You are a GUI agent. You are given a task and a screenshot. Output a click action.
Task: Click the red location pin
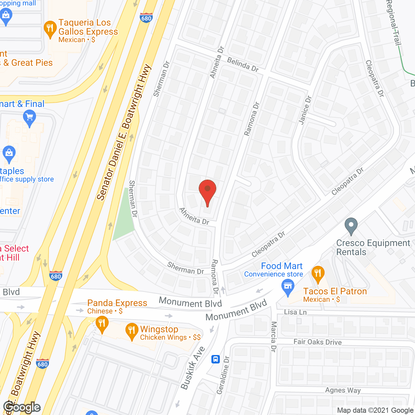(207, 192)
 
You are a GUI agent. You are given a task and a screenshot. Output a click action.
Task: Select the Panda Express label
(117, 303)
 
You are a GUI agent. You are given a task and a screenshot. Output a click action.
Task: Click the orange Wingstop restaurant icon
(132, 331)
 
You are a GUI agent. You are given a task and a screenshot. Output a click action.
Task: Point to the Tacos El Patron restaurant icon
(318, 274)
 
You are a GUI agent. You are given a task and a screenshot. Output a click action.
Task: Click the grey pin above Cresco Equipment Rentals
(351, 226)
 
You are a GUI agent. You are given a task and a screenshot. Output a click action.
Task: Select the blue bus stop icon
(216, 359)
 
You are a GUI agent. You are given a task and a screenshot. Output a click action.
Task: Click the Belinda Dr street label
(243, 65)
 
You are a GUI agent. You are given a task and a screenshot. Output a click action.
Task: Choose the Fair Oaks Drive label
(317, 342)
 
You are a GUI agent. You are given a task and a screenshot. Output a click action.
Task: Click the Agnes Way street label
(343, 390)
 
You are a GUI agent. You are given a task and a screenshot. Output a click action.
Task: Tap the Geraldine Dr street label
(223, 375)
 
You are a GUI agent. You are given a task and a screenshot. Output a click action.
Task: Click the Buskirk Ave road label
(193, 368)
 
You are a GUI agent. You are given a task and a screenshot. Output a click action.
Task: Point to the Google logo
(22, 407)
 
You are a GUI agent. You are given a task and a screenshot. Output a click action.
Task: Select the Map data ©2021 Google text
(375, 410)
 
